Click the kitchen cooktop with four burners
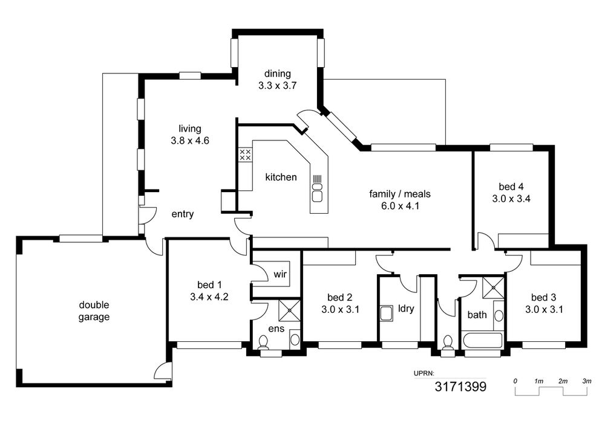(x=246, y=155)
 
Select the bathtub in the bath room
(x=483, y=341)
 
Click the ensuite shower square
(x=289, y=310)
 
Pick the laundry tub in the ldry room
(x=386, y=313)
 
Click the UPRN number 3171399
(x=460, y=386)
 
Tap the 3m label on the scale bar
(x=586, y=381)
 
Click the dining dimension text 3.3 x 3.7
(x=277, y=86)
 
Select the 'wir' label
(x=280, y=274)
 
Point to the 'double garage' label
(x=94, y=311)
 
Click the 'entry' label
(x=183, y=214)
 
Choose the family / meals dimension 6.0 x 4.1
(x=400, y=206)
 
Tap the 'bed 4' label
(x=511, y=187)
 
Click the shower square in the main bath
(x=494, y=287)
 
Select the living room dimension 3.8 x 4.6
(x=190, y=141)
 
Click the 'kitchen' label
(x=281, y=177)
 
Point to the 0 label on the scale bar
(x=515, y=381)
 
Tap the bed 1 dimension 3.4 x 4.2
(x=209, y=297)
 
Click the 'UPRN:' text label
(x=424, y=373)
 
